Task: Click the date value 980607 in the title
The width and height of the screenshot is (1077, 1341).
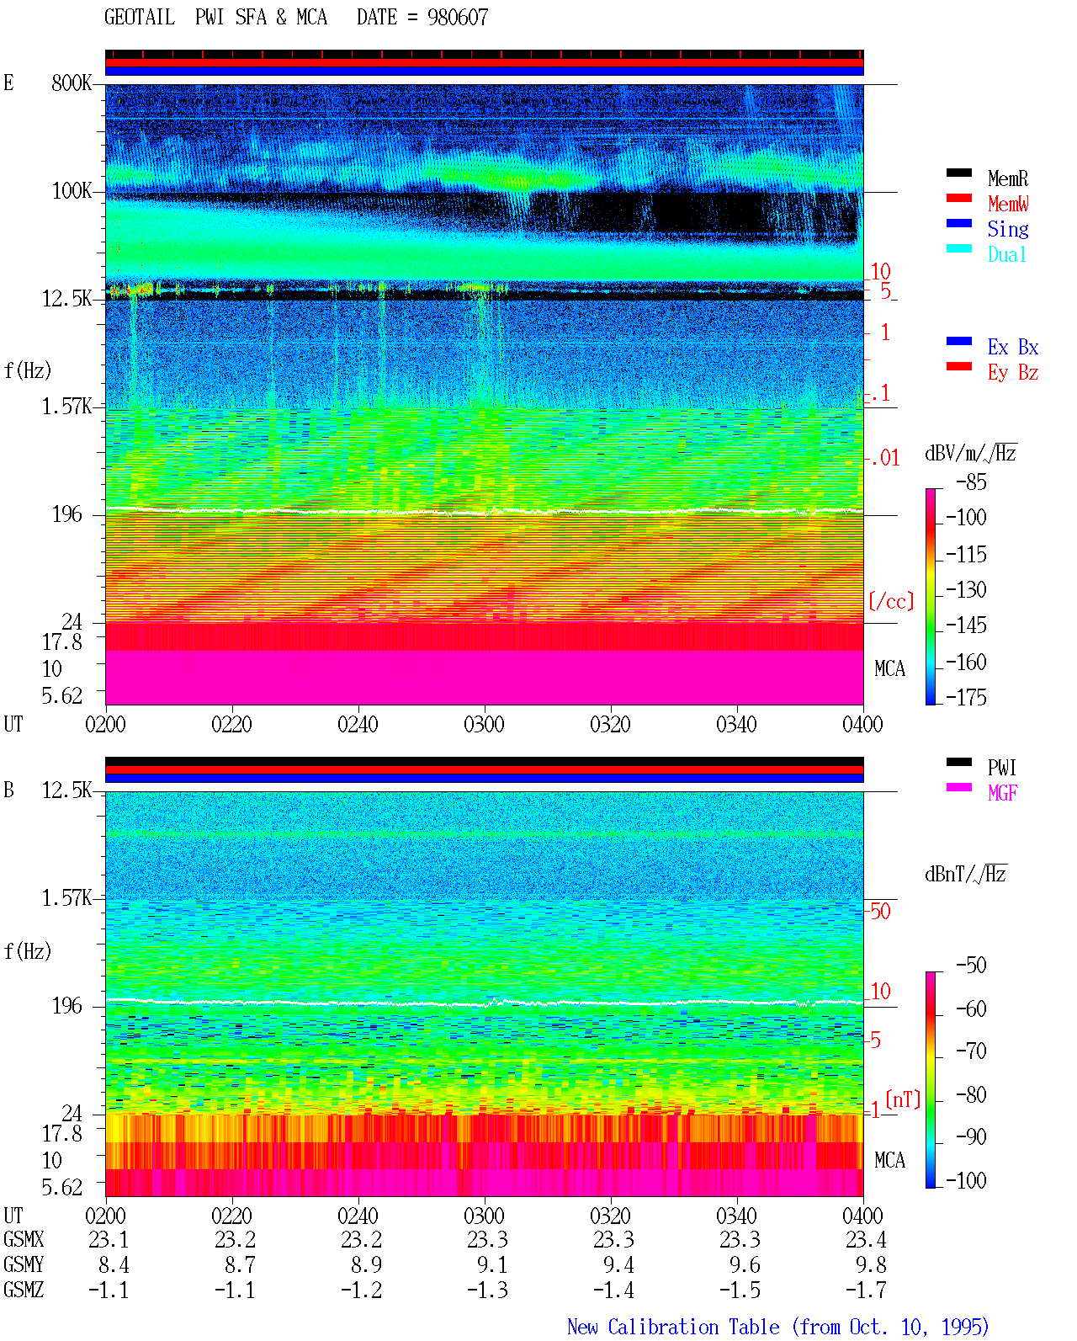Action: [457, 18]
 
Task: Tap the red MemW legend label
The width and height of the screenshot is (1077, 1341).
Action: [1008, 204]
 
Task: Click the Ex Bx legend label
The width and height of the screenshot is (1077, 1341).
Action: [1013, 347]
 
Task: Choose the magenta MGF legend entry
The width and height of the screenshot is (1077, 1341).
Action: [1002, 793]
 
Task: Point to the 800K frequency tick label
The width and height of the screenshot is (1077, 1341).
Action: [72, 82]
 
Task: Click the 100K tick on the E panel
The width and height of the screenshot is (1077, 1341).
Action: [72, 191]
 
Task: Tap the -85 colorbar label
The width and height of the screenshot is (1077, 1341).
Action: [970, 482]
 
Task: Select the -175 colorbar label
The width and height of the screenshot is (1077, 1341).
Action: [966, 697]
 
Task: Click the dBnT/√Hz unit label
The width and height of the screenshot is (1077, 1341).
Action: [965, 874]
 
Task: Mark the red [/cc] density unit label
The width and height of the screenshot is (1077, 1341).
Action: [891, 601]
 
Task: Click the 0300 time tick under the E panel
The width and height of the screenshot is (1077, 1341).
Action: [484, 725]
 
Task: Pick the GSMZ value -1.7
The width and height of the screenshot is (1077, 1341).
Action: [866, 1290]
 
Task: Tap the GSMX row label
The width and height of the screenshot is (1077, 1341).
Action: [24, 1239]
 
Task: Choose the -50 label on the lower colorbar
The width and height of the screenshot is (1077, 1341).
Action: [971, 966]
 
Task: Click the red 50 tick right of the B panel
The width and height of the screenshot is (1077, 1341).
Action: [880, 912]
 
